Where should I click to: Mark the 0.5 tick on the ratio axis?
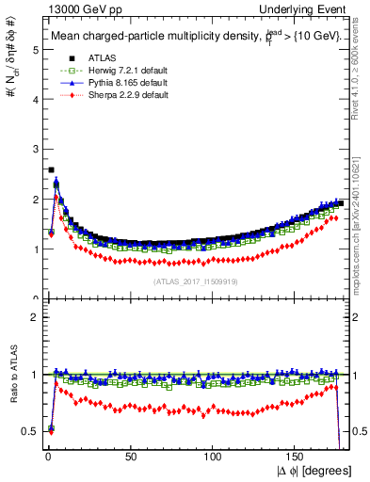coord(28,431)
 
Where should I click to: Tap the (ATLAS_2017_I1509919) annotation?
coord(195,281)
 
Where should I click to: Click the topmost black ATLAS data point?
coord(51,170)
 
